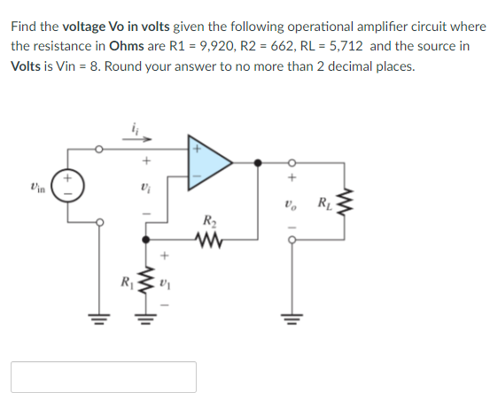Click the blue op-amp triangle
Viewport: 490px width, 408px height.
click(x=206, y=162)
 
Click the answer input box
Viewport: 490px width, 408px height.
click(x=104, y=376)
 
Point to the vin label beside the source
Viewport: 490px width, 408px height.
click(x=37, y=188)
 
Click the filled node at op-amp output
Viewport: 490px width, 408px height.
click(x=258, y=163)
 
